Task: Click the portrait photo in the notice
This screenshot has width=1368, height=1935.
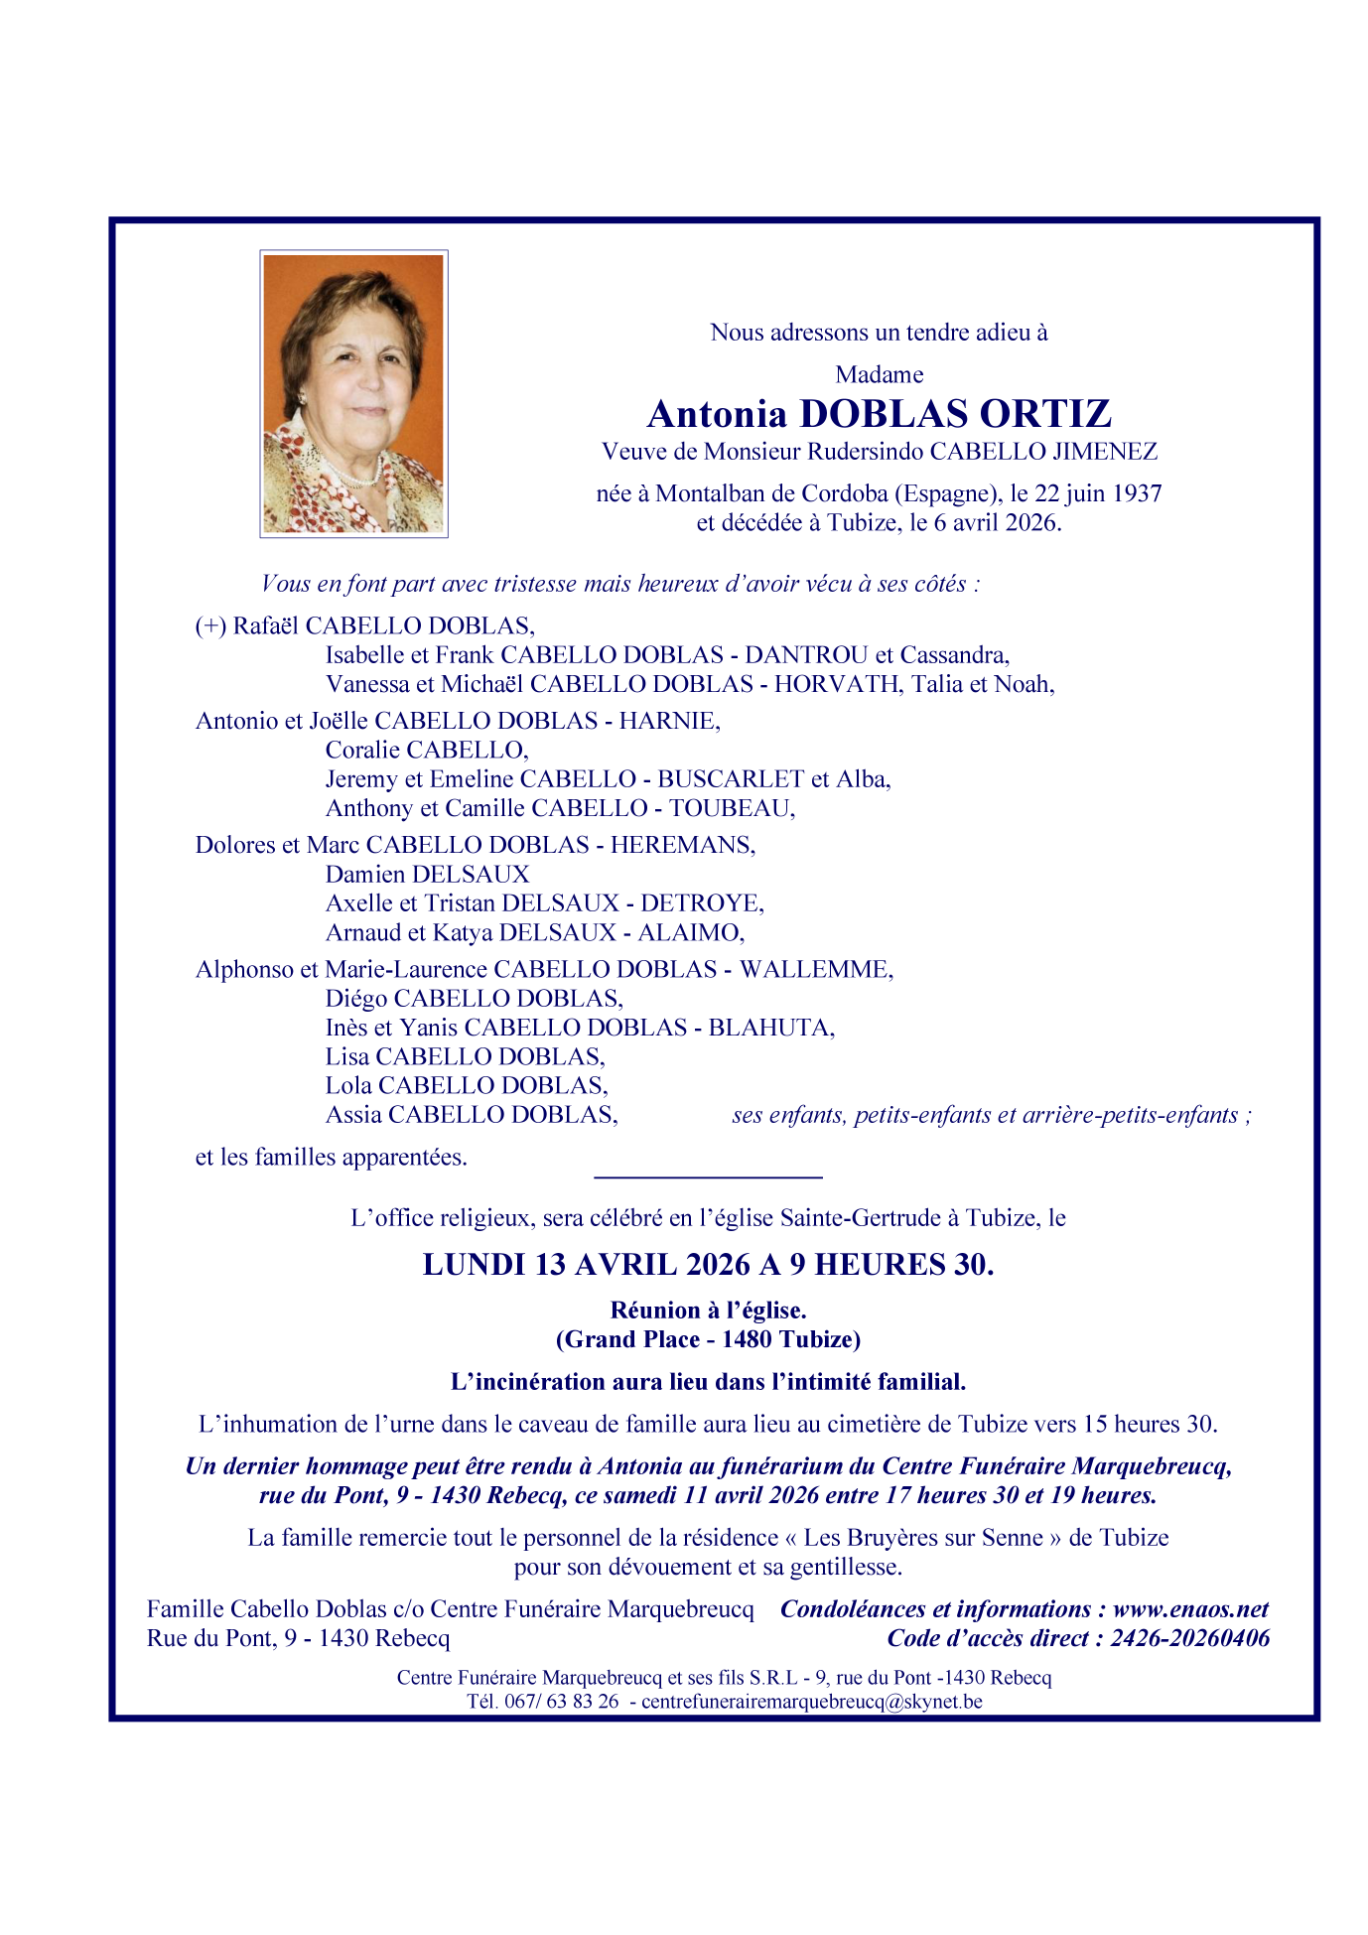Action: pos(353,393)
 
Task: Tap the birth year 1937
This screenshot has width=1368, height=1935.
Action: pos(1136,493)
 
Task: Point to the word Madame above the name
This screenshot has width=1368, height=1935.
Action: pos(879,374)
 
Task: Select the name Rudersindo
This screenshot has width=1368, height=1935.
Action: pos(865,452)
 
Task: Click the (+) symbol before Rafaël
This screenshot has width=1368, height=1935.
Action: pos(210,625)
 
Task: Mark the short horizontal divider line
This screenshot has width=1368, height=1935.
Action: pos(708,1177)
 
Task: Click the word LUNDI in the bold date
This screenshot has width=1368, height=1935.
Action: pos(474,1265)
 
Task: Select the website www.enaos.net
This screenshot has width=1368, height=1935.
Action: pos(1190,1609)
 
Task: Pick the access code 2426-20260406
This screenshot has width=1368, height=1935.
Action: pos(1189,1638)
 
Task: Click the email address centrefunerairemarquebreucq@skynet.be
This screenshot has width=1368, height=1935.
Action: pos(811,1701)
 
